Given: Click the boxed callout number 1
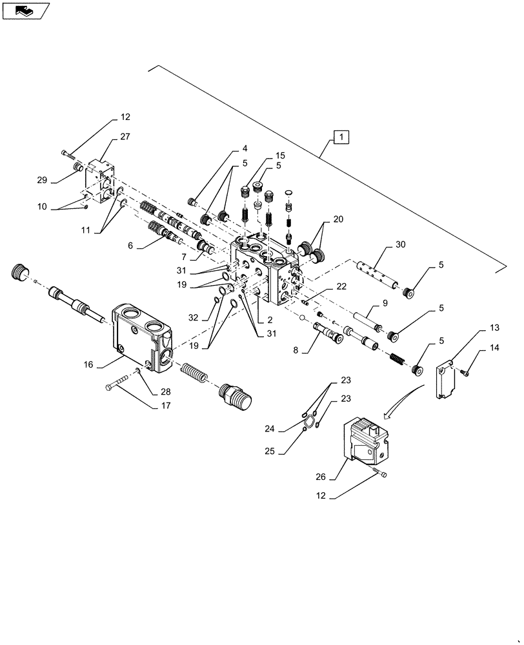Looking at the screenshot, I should point(341,136).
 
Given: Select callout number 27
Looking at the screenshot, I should point(125,137).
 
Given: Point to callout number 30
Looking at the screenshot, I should point(400,245).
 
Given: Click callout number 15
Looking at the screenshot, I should point(279,156).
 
